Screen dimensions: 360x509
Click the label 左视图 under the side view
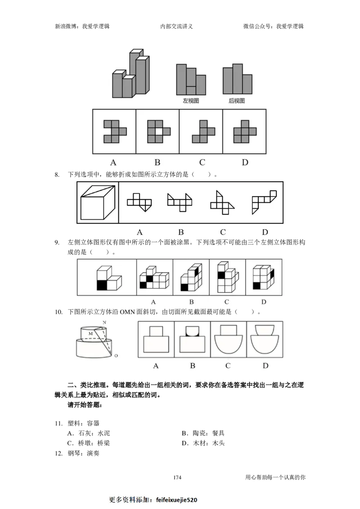point(190,101)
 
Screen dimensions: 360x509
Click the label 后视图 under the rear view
point(237,101)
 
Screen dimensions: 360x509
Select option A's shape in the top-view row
point(115,131)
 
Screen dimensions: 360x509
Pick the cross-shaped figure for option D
point(245,131)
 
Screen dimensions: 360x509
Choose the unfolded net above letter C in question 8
point(222,203)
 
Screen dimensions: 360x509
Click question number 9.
point(57,242)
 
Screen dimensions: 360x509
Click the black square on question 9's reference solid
point(102,285)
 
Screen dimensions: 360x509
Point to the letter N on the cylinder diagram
point(104,322)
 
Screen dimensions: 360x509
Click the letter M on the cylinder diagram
point(90,333)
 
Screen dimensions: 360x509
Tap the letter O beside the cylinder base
point(116,356)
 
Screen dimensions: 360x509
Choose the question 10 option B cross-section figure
point(192,339)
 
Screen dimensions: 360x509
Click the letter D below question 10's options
point(265,366)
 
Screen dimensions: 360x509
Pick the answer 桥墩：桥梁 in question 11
point(89,443)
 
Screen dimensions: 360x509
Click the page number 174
point(177,477)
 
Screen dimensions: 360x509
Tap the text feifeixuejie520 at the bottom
point(176,500)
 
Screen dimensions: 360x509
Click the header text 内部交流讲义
point(176,26)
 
